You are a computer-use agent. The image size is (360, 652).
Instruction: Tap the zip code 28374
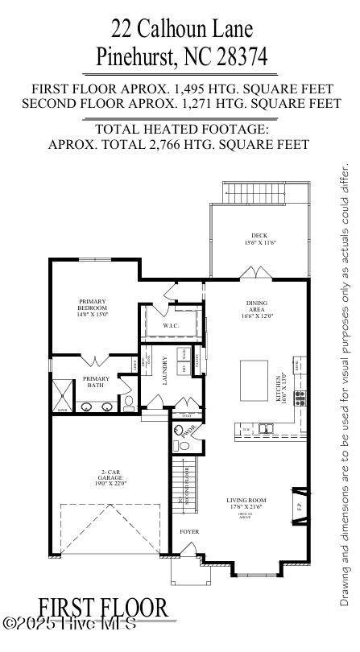(x=237, y=57)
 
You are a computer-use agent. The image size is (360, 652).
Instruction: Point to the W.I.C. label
(x=170, y=325)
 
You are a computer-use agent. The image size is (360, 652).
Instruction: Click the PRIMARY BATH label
(x=97, y=382)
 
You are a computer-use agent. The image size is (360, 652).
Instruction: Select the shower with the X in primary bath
(x=62, y=395)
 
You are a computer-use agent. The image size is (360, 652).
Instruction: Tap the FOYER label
(x=188, y=531)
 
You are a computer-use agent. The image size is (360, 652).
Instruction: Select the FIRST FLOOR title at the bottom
(x=101, y=606)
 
